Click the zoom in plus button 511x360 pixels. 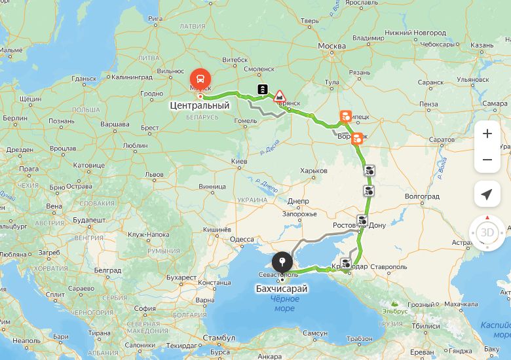pyautogui.click(x=487, y=134)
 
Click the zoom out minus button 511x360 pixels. pyautogui.click(x=487, y=160)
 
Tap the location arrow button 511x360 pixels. pyautogui.click(x=487, y=194)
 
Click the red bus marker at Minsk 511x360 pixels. pyautogui.click(x=199, y=79)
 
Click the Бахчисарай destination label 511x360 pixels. pyautogui.click(x=282, y=289)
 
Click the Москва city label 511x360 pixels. pyautogui.click(x=331, y=46)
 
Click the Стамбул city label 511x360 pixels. pyautogui.click(x=219, y=338)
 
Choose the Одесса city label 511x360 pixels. pyautogui.click(x=242, y=240)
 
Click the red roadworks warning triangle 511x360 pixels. pyautogui.click(x=280, y=96)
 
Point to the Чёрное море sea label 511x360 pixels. pyautogui.click(x=285, y=304)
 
